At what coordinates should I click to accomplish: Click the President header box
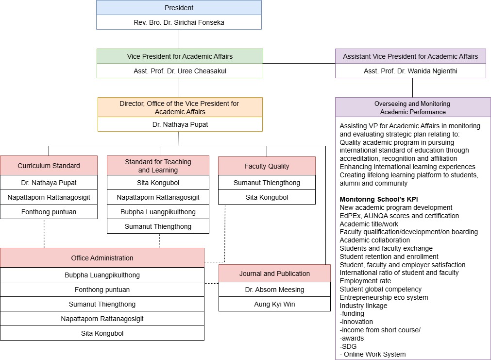(x=179, y=8)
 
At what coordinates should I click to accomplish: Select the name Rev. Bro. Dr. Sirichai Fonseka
(x=179, y=22)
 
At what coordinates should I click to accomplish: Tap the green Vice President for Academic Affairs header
(x=180, y=56)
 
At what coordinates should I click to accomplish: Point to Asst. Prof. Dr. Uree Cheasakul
(x=180, y=71)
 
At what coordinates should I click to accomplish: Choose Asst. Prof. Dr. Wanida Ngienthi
(x=410, y=71)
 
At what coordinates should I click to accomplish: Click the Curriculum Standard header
(x=49, y=166)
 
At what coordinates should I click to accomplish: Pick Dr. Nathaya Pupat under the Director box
(x=180, y=124)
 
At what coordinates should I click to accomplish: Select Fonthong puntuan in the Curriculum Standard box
(x=49, y=212)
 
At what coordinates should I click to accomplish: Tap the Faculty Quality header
(x=267, y=166)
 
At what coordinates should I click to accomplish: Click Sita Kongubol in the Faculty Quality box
(x=267, y=197)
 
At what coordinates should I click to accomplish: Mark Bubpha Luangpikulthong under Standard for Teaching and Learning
(x=158, y=212)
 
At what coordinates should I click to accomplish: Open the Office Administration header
(x=102, y=258)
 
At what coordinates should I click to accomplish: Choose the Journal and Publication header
(x=274, y=274)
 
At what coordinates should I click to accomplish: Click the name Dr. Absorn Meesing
(x=274, y=290)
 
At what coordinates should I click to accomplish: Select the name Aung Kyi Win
(x=274, y=304)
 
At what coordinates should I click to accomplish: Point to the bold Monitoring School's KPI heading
(x=379, y=200)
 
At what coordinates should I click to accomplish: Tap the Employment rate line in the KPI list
(x=365, y=281)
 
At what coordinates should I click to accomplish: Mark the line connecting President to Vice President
(x=179, y=39)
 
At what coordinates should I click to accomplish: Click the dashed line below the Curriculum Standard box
(x=44, y=233)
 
